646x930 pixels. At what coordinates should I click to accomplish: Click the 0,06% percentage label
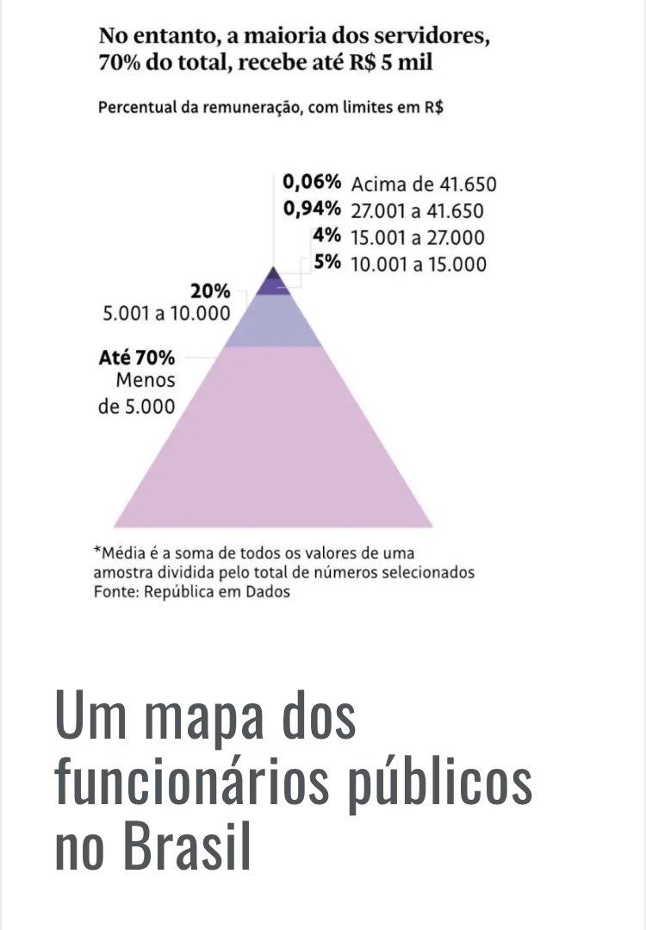pos(312,183)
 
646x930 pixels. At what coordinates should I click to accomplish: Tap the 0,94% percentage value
pos(312,210)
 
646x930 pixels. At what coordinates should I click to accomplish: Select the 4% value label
pos(327,237)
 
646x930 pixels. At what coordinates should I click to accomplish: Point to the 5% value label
pos(327,264)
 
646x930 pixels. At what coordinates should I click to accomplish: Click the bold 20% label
pos(210,291)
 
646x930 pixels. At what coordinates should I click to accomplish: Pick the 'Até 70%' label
pos(136,357)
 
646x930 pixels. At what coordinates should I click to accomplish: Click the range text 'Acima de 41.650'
pos(424,184)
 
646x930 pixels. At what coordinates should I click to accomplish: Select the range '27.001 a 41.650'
pos(417,211)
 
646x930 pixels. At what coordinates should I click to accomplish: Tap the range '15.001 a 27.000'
pos(418,238)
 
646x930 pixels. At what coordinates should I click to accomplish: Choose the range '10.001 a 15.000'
pos(419,265)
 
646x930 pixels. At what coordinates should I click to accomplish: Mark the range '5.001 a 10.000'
pos(166,314)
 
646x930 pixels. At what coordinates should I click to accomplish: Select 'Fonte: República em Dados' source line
pos(192,591)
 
